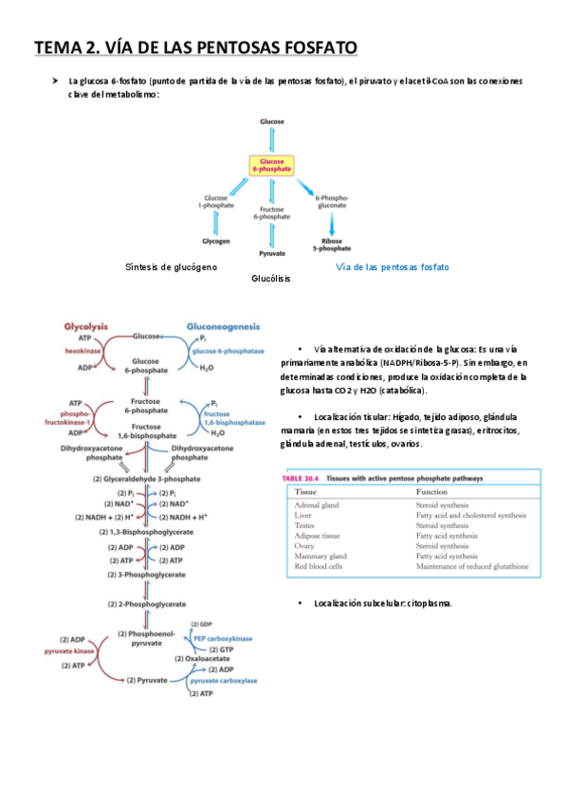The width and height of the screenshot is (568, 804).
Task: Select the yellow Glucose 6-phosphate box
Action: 272,164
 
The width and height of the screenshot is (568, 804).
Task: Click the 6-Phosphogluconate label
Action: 332,202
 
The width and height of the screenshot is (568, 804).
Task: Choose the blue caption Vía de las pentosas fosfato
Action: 393,267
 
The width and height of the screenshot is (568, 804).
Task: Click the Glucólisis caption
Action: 271,280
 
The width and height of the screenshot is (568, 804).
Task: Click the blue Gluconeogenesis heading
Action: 223,324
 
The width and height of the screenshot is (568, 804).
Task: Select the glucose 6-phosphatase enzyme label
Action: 229,351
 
